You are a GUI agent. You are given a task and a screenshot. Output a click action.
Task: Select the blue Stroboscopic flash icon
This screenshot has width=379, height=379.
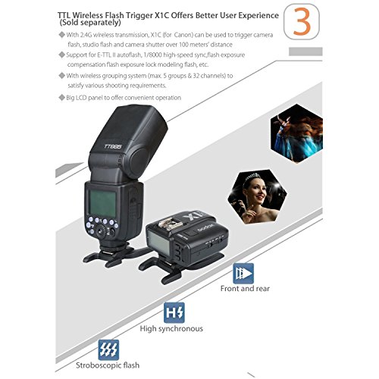tap(108, 351)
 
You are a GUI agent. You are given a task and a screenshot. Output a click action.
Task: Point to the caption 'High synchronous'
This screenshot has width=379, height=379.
tap(171, 329)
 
